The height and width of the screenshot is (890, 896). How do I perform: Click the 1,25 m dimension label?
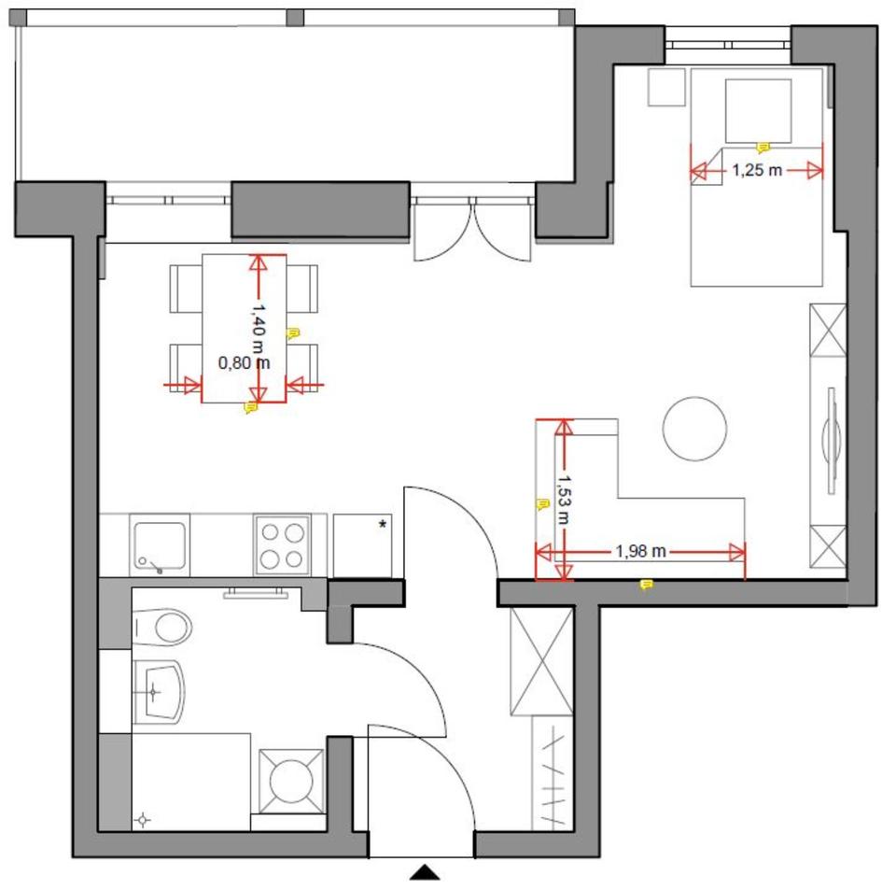click(757, 170)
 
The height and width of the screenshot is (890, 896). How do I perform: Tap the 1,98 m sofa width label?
click(640, 552)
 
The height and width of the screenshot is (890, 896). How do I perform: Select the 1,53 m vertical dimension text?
click(564, 499)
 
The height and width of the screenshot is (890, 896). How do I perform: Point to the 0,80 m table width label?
click(244, 362)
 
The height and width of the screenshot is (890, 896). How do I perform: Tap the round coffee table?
click(694, 429)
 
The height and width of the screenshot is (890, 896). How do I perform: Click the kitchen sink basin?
click(160, 546)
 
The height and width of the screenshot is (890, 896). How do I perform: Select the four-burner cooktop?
click(282, 545)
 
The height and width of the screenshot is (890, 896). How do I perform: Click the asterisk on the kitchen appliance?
click(383, 524)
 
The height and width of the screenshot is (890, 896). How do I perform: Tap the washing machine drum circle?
click(291, 781)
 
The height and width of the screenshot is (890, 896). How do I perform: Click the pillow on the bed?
click(758, 111)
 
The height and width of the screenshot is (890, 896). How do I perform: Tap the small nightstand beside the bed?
click(666, 87)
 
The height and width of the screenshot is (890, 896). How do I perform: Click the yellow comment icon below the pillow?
click(763, 148)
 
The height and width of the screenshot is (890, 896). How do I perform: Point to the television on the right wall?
click(832, 440)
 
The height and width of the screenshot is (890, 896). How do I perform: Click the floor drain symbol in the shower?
click(143, 820)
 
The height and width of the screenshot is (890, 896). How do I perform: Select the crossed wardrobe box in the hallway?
click(541, 661)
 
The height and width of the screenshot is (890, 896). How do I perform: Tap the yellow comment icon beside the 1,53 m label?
click(541, 504)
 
